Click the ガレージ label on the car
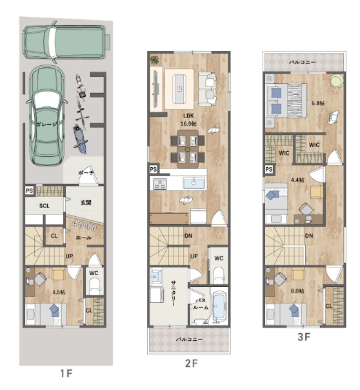point(46,124)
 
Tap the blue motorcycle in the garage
point(80,139)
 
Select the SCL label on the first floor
point(45,206)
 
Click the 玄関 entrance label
point(86,203)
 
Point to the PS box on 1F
point(29,190)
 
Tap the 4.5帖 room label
point(59,292)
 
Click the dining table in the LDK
point(188,149)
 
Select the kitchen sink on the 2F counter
point(194,183)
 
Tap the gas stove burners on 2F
point(160,184)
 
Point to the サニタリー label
point(174,294)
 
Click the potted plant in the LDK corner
point(154,59)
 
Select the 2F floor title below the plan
point(192,363)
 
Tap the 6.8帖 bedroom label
point(318,103)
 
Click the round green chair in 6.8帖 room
point(337,81)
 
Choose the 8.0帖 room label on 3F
point(297,291)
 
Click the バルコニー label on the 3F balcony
point(302,62)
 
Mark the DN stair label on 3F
point(309,235)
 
